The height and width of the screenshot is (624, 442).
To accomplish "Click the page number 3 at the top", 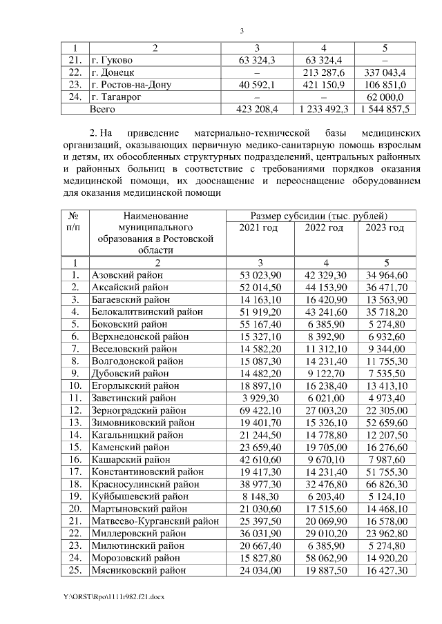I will coord(242,31).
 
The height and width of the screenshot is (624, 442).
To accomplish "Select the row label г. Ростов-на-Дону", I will coord(131,85).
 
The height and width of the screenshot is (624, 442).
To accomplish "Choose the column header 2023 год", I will coord(385,228).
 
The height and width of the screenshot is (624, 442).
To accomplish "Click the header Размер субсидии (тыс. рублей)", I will coord(318,216).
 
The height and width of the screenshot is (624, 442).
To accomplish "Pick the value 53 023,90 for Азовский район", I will coord(259,276).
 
